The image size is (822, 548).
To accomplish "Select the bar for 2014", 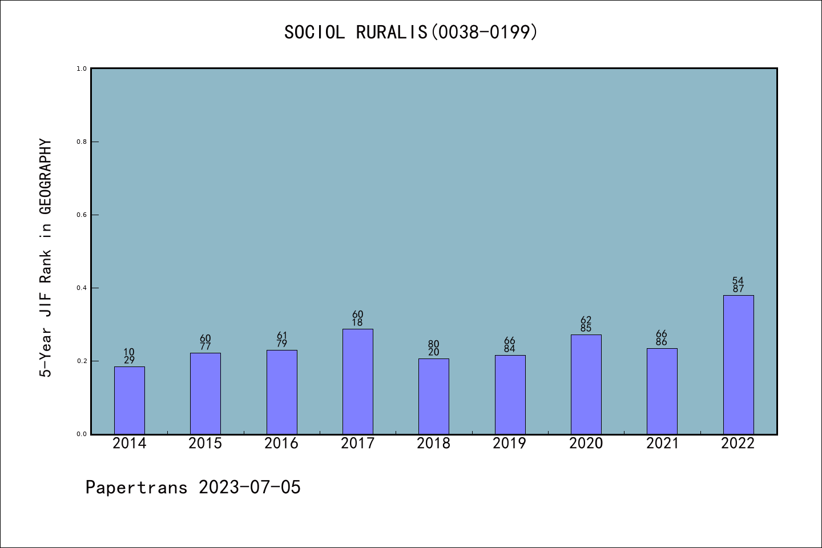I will [x=129, y=400].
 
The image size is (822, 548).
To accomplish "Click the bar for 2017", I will [x=357, y=381].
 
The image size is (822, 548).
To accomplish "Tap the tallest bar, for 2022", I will [x=738, y=364].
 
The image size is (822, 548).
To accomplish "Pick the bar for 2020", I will [x=586, y=384].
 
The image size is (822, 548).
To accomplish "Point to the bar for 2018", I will [x=433, y=396].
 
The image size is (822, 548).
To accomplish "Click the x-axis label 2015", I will [x=205, y=444].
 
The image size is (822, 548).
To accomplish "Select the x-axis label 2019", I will [x=509, y=444].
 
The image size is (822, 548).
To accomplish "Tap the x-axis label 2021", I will [x=662, y=444].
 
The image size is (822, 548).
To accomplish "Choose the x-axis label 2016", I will [x=281, y=444].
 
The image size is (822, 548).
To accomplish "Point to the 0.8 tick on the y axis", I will [x=82, y=142].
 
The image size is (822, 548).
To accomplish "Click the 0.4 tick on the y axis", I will [x=82, y=288].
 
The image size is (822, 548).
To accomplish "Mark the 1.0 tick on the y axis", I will [x=82, y=68].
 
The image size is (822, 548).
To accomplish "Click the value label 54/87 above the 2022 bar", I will [x=738, y=285].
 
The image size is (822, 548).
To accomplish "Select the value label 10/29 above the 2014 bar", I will [x=129, y=356].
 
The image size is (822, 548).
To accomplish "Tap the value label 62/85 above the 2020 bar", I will [x=586, y=324].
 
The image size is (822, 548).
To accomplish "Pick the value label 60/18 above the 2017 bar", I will [x=357, y=319].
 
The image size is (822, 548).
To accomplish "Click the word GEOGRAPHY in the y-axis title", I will [x=46, y=176].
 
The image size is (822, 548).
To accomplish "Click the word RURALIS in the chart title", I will [x=392, y=32].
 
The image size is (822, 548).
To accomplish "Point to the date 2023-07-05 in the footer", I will [x=249, y=487].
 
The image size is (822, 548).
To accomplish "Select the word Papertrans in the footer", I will [x=136, y=487].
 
